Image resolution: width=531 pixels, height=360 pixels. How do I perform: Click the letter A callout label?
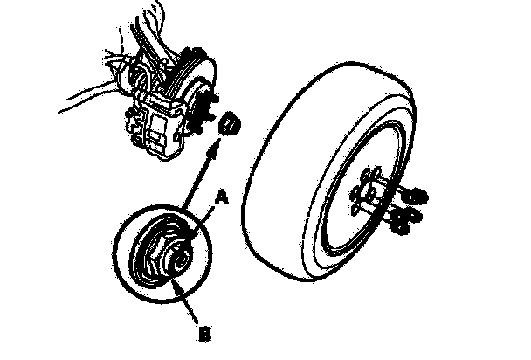tap(221, 198)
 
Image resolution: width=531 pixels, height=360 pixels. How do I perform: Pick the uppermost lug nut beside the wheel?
tap(418, 193)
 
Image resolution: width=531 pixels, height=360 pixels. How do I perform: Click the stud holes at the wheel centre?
tap(367, 196)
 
